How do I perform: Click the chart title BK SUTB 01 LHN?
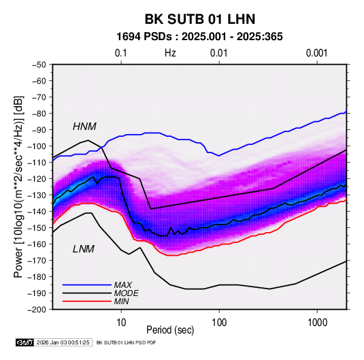(200, 19)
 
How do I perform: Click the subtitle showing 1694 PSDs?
(199, 37)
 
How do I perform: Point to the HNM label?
(84, 127)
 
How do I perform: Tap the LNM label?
(84, 249)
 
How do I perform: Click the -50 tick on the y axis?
(39, 65)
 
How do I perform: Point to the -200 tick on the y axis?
(37, 310)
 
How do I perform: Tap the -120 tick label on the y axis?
(37, 179)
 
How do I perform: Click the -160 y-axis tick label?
(37, 244)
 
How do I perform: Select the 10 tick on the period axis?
(121, 323)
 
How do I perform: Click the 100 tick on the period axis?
(219, 323)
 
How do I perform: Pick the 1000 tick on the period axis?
(317, 323)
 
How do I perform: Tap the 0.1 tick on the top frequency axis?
(121, 53)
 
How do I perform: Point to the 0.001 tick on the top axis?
(316, 53)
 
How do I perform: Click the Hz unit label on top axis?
(170, 53)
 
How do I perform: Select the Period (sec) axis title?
(170, 330)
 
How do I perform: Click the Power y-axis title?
(18, 186)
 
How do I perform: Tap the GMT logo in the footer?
(24, 342)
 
